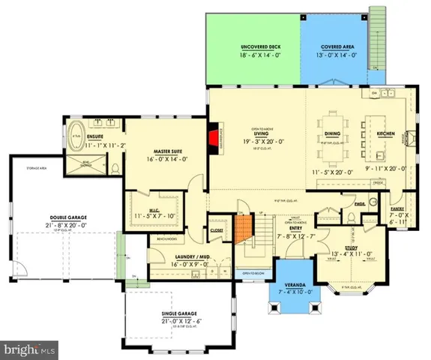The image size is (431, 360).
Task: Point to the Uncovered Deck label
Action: (253, 46)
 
